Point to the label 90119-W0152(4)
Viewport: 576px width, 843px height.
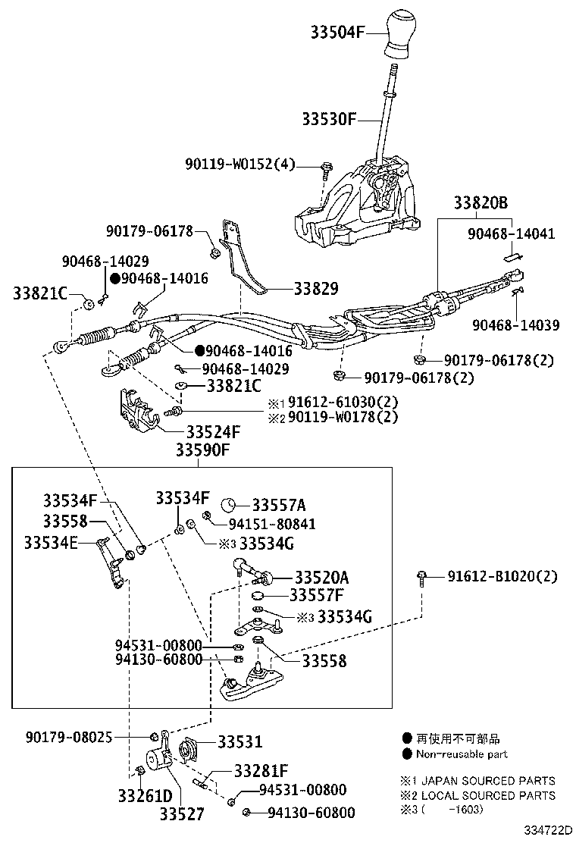point(240,165)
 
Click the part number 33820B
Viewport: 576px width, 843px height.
point(481,203)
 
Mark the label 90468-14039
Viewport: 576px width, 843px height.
point(515,325)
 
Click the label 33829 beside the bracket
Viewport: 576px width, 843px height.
point(316,288)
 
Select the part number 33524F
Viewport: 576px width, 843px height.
point(213,432)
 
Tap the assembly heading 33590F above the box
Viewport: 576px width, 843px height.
point(202,451)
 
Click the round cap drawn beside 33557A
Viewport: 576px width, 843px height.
point(232,506)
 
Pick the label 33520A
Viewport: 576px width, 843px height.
point(322,576)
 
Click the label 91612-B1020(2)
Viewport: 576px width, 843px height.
point(501,576)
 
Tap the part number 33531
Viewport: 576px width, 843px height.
point(240,741)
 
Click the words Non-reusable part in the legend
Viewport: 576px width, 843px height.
point(462,754)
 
